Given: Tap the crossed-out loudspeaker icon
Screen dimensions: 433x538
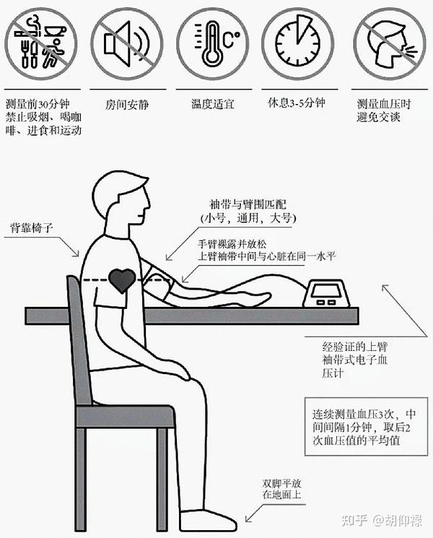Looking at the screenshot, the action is pos(127,44).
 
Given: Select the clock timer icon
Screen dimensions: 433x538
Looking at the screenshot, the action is pos(298,44).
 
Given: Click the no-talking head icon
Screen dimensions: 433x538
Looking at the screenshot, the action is pos(390,44).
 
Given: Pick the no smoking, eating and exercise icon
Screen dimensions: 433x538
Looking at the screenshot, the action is pos(41,44).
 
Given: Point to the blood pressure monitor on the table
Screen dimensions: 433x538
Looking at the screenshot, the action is pos(326,294).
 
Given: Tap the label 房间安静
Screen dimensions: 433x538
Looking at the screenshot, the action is pos(126,104).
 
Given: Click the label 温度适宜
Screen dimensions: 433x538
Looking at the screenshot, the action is pos(213,103).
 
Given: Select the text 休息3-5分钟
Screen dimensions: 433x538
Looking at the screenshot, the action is pos(297,103).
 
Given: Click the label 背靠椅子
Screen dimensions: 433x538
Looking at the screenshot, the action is pos(32,227).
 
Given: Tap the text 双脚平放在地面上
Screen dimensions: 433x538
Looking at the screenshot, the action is pos(281,489).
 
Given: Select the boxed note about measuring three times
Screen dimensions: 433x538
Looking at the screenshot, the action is pos(366,427).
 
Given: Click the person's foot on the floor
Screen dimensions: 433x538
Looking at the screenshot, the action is pos(208,519).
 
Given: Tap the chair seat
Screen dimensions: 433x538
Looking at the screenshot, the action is pos(126,416).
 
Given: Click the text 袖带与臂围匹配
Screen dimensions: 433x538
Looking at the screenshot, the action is pos(248,205).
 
